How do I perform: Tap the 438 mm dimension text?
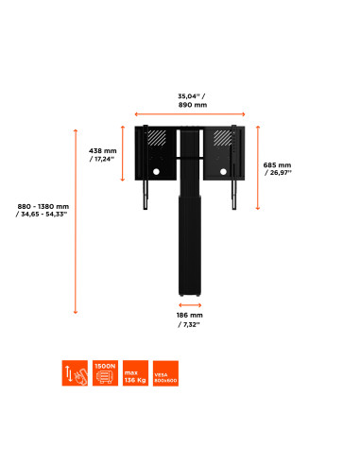(x=103, y=154)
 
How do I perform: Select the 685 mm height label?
(x=278, y=168)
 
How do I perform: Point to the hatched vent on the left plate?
(x=157, y=139)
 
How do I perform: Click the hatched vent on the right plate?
(x=222, y=139)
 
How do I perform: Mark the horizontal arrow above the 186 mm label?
(x=190, y=305)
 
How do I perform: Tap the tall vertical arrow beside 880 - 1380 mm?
(x=75, y=220)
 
